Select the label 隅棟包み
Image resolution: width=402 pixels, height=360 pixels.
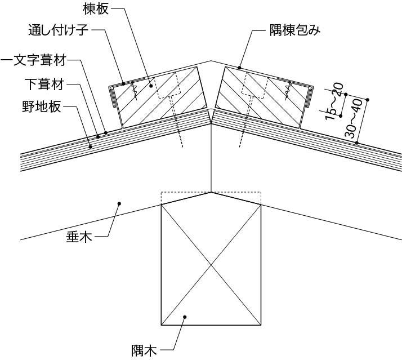point(295,30)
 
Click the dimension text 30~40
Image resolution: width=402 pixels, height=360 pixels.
point(353,119)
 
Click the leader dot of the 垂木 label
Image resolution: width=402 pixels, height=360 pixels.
point(119,203)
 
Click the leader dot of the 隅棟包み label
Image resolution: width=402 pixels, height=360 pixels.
point(239,68)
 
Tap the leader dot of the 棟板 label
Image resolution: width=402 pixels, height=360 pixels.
point(151,86)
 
